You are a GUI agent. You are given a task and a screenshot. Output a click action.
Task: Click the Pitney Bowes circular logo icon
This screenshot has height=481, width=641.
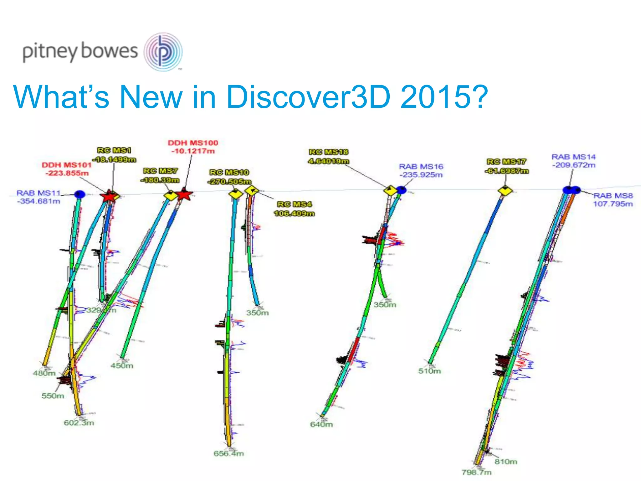click(163, 52)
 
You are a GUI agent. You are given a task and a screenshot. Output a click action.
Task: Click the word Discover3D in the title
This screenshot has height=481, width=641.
click(308, 97)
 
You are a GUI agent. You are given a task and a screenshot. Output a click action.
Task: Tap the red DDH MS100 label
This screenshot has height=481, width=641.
click(193, 143)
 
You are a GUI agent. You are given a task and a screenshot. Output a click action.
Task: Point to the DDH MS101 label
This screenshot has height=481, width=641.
click(66, 165)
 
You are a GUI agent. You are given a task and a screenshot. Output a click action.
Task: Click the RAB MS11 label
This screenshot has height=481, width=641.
click(38, 193)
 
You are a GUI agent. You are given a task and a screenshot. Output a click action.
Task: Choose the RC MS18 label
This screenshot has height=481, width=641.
click(328, 152)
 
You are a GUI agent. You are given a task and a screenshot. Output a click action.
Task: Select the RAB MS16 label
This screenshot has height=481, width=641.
click(421, 167)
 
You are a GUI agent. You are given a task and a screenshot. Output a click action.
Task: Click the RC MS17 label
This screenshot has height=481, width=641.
click(506, 162)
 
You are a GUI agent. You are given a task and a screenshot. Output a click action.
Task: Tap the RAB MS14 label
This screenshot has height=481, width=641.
click(573, 157)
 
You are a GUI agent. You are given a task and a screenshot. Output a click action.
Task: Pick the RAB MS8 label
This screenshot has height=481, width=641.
click(613, 196)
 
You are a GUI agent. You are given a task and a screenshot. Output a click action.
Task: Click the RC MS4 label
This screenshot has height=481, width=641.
click(294, 204)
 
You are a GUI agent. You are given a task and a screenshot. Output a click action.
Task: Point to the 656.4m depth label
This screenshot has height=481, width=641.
click(228, 453)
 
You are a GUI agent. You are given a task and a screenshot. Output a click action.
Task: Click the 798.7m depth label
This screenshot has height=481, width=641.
click(476, 472)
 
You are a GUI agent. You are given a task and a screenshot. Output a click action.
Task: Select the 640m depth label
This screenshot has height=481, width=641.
click(321, 425)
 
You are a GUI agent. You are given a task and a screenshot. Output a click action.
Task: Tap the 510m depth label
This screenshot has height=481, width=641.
click(429, 371)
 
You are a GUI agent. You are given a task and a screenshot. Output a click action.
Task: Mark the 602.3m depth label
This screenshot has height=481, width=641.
click(79, 423)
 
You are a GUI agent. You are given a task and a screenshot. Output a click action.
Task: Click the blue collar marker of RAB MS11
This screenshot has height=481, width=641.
click(80, 194)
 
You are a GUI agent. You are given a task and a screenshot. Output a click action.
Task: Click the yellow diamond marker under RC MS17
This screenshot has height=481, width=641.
click(505, 191)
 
